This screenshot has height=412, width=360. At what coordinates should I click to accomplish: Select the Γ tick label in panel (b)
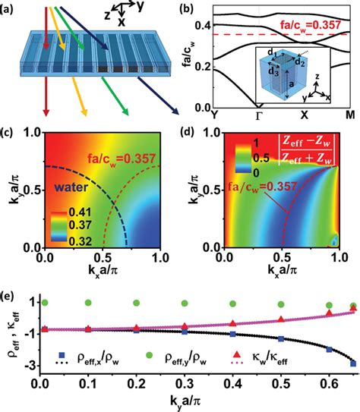[264, 118]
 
